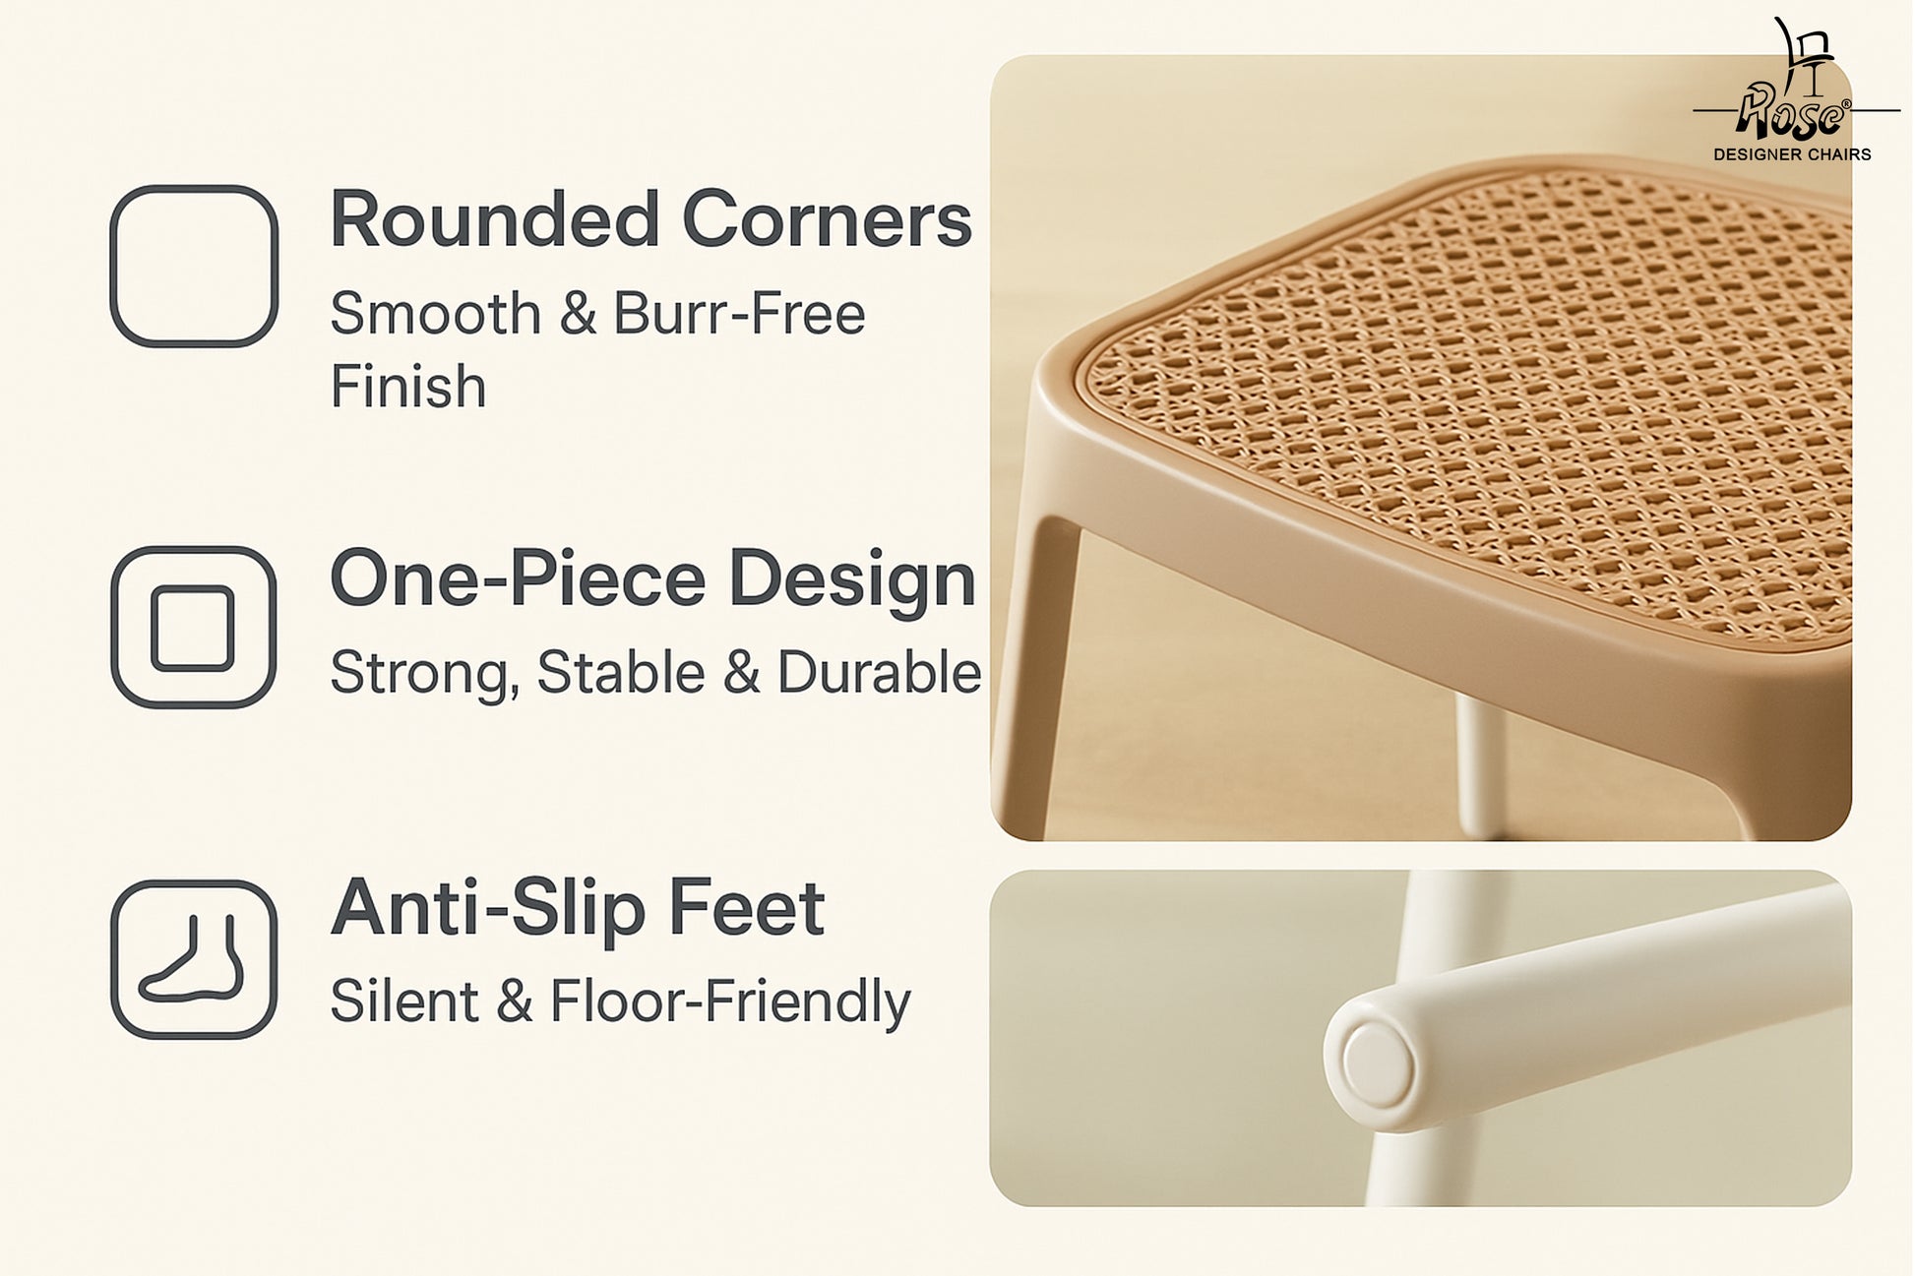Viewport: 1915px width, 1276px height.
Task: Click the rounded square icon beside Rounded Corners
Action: pos(112,266)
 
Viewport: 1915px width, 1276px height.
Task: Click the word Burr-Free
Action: pos(739,314)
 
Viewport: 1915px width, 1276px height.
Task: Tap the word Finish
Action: pos(408,386)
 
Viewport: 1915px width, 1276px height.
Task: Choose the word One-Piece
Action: pos(518,578)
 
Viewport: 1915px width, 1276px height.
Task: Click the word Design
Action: pos(852,580)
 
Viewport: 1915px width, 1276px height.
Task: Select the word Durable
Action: pos(879,673)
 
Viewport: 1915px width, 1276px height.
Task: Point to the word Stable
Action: pos(621,673)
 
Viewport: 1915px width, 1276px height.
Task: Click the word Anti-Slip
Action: pos(488,907)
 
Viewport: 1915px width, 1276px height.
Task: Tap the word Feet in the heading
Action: pos(746,907)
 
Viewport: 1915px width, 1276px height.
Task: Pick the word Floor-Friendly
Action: pos(730,1003)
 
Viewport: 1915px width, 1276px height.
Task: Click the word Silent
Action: pos(403,1002)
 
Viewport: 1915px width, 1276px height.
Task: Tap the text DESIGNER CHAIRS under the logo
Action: pos(1792,154)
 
